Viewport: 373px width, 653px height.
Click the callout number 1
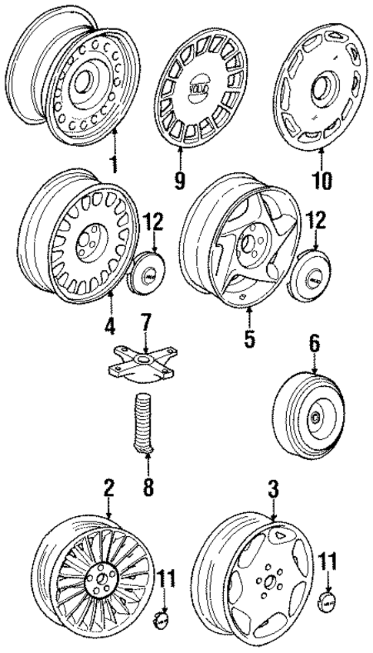(x=115, y=165)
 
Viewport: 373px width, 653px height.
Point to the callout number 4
(x=111, y=325)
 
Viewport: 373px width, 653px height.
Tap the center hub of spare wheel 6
(x=315, y=418)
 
